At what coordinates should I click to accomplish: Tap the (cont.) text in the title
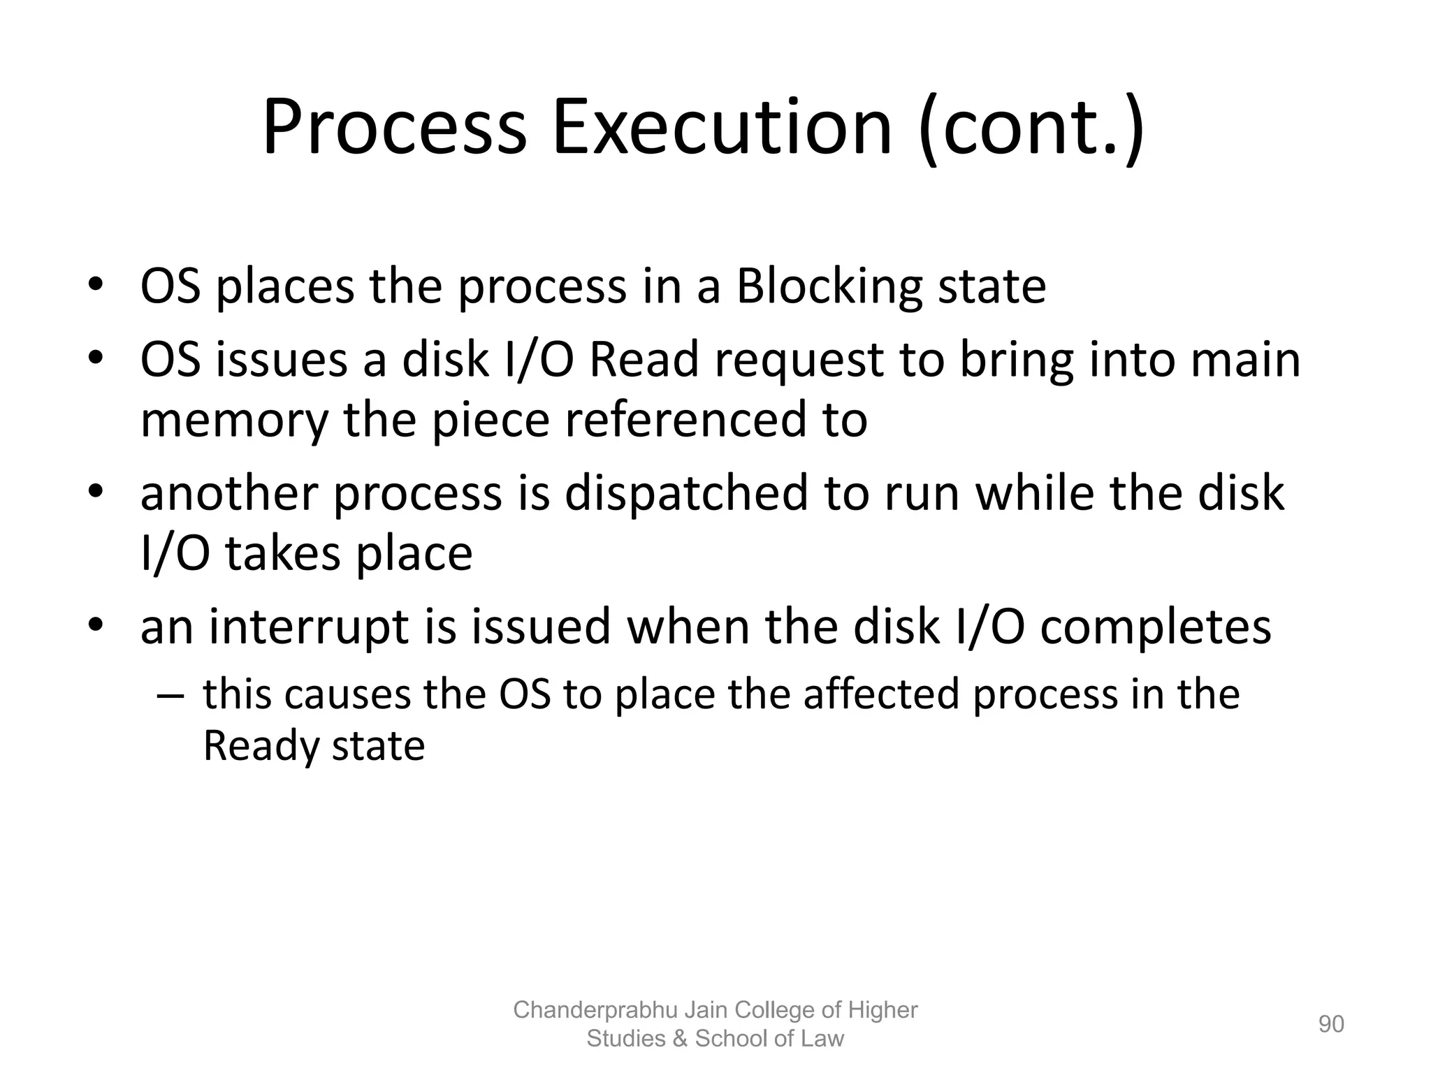[x=1032, y=129]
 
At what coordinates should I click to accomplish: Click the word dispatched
[x=685, y=493]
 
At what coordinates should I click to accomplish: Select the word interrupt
[x=308, y=627]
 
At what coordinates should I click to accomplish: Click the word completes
[x=1156, y=627]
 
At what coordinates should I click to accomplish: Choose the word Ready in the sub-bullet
[x=259, y=746]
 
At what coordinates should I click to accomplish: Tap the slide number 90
[x=1331, y=1024]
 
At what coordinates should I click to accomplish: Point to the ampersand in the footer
[x=679, y=1039]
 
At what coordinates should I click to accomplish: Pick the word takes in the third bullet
[x=282, y=554]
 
